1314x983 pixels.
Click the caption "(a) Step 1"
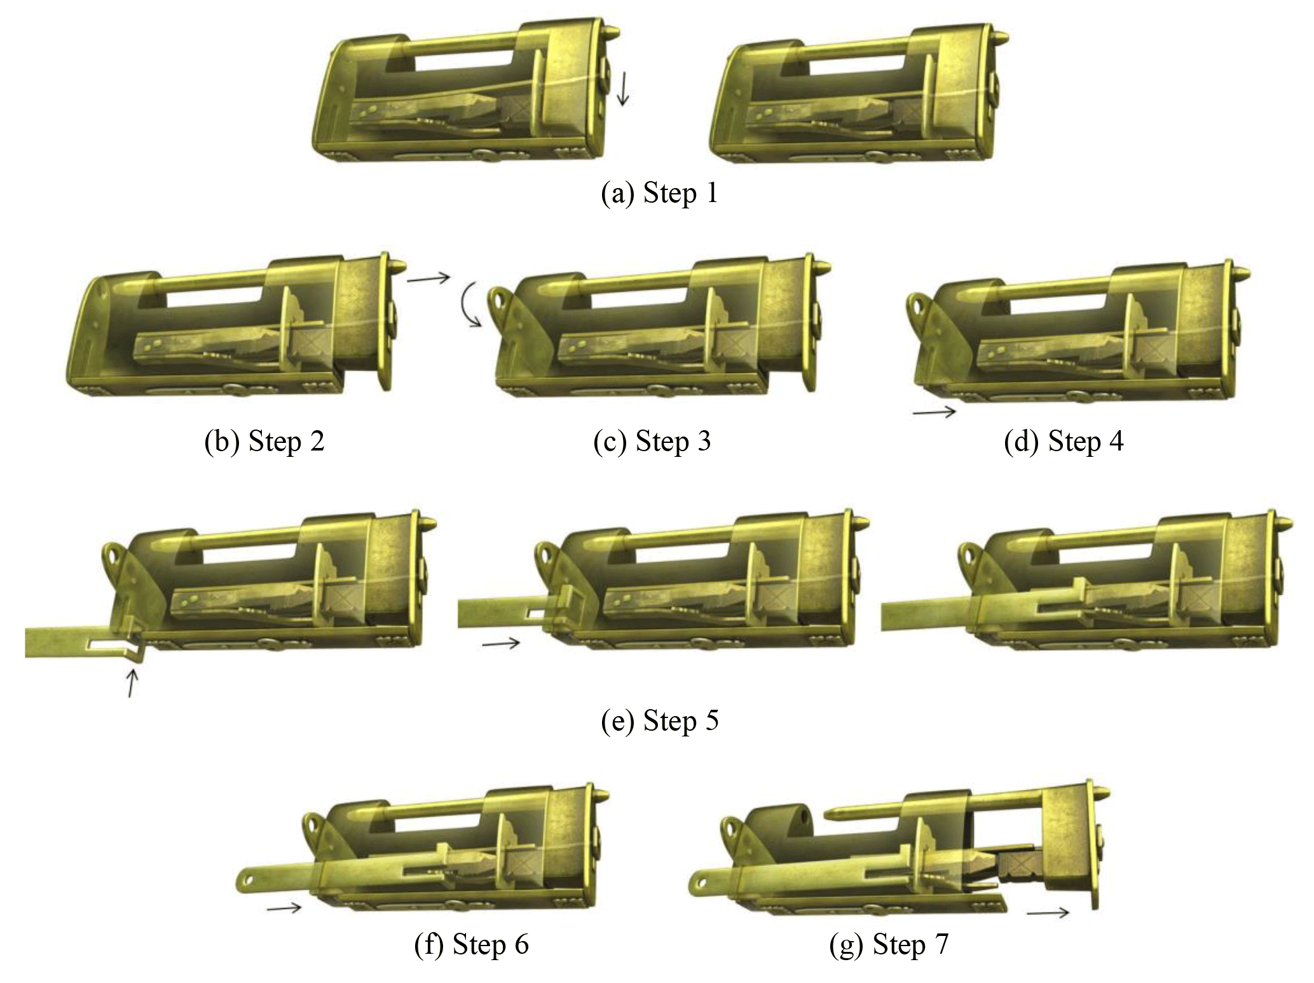coord(659,193)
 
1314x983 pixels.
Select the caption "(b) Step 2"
coord(264,441)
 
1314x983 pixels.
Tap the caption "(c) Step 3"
coord(652,441)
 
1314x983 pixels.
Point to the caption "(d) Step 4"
coord(1064,441)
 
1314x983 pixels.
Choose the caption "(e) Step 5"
coord(660,721)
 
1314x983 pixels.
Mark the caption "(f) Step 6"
coord(472,944)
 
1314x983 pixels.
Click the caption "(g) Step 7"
coord(889,944)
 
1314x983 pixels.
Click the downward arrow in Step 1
coord(623,88)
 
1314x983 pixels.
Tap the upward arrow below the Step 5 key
coord(131,683)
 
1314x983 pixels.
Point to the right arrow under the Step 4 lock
coord(934,412)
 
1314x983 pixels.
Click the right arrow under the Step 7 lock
coord(1048,913)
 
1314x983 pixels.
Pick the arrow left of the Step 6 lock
coord(284,908)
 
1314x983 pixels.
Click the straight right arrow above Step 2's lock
coord(428,278)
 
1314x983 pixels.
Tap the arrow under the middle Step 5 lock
coord(501,644)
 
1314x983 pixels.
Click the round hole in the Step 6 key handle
coord(247,880)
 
